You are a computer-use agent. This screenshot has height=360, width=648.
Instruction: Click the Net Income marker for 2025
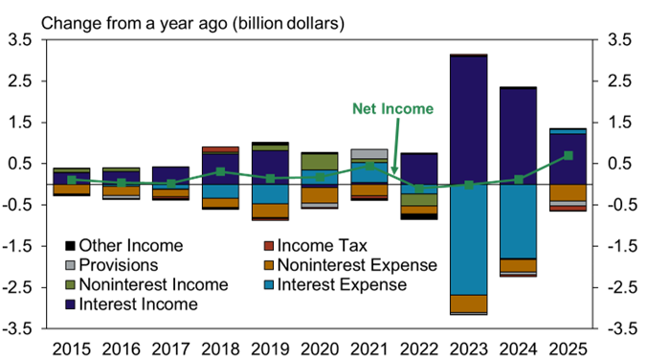(569, 155)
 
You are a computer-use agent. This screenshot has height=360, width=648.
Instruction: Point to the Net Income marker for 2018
(220, 171)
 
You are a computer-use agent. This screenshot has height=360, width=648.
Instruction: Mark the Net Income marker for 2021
(369, 165)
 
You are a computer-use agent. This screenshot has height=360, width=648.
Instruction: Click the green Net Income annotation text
(392, 109)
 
